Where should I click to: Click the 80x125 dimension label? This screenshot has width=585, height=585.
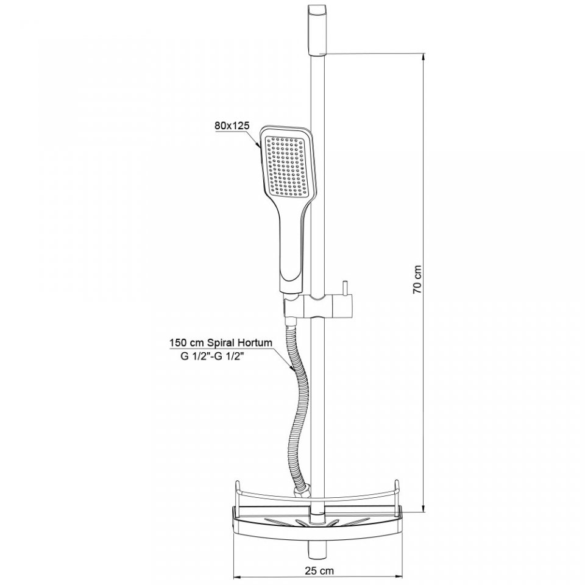tap(232, 126)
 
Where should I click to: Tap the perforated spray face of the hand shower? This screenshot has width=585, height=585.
tap(286, 166)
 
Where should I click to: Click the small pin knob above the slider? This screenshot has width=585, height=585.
tap(345, 288)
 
